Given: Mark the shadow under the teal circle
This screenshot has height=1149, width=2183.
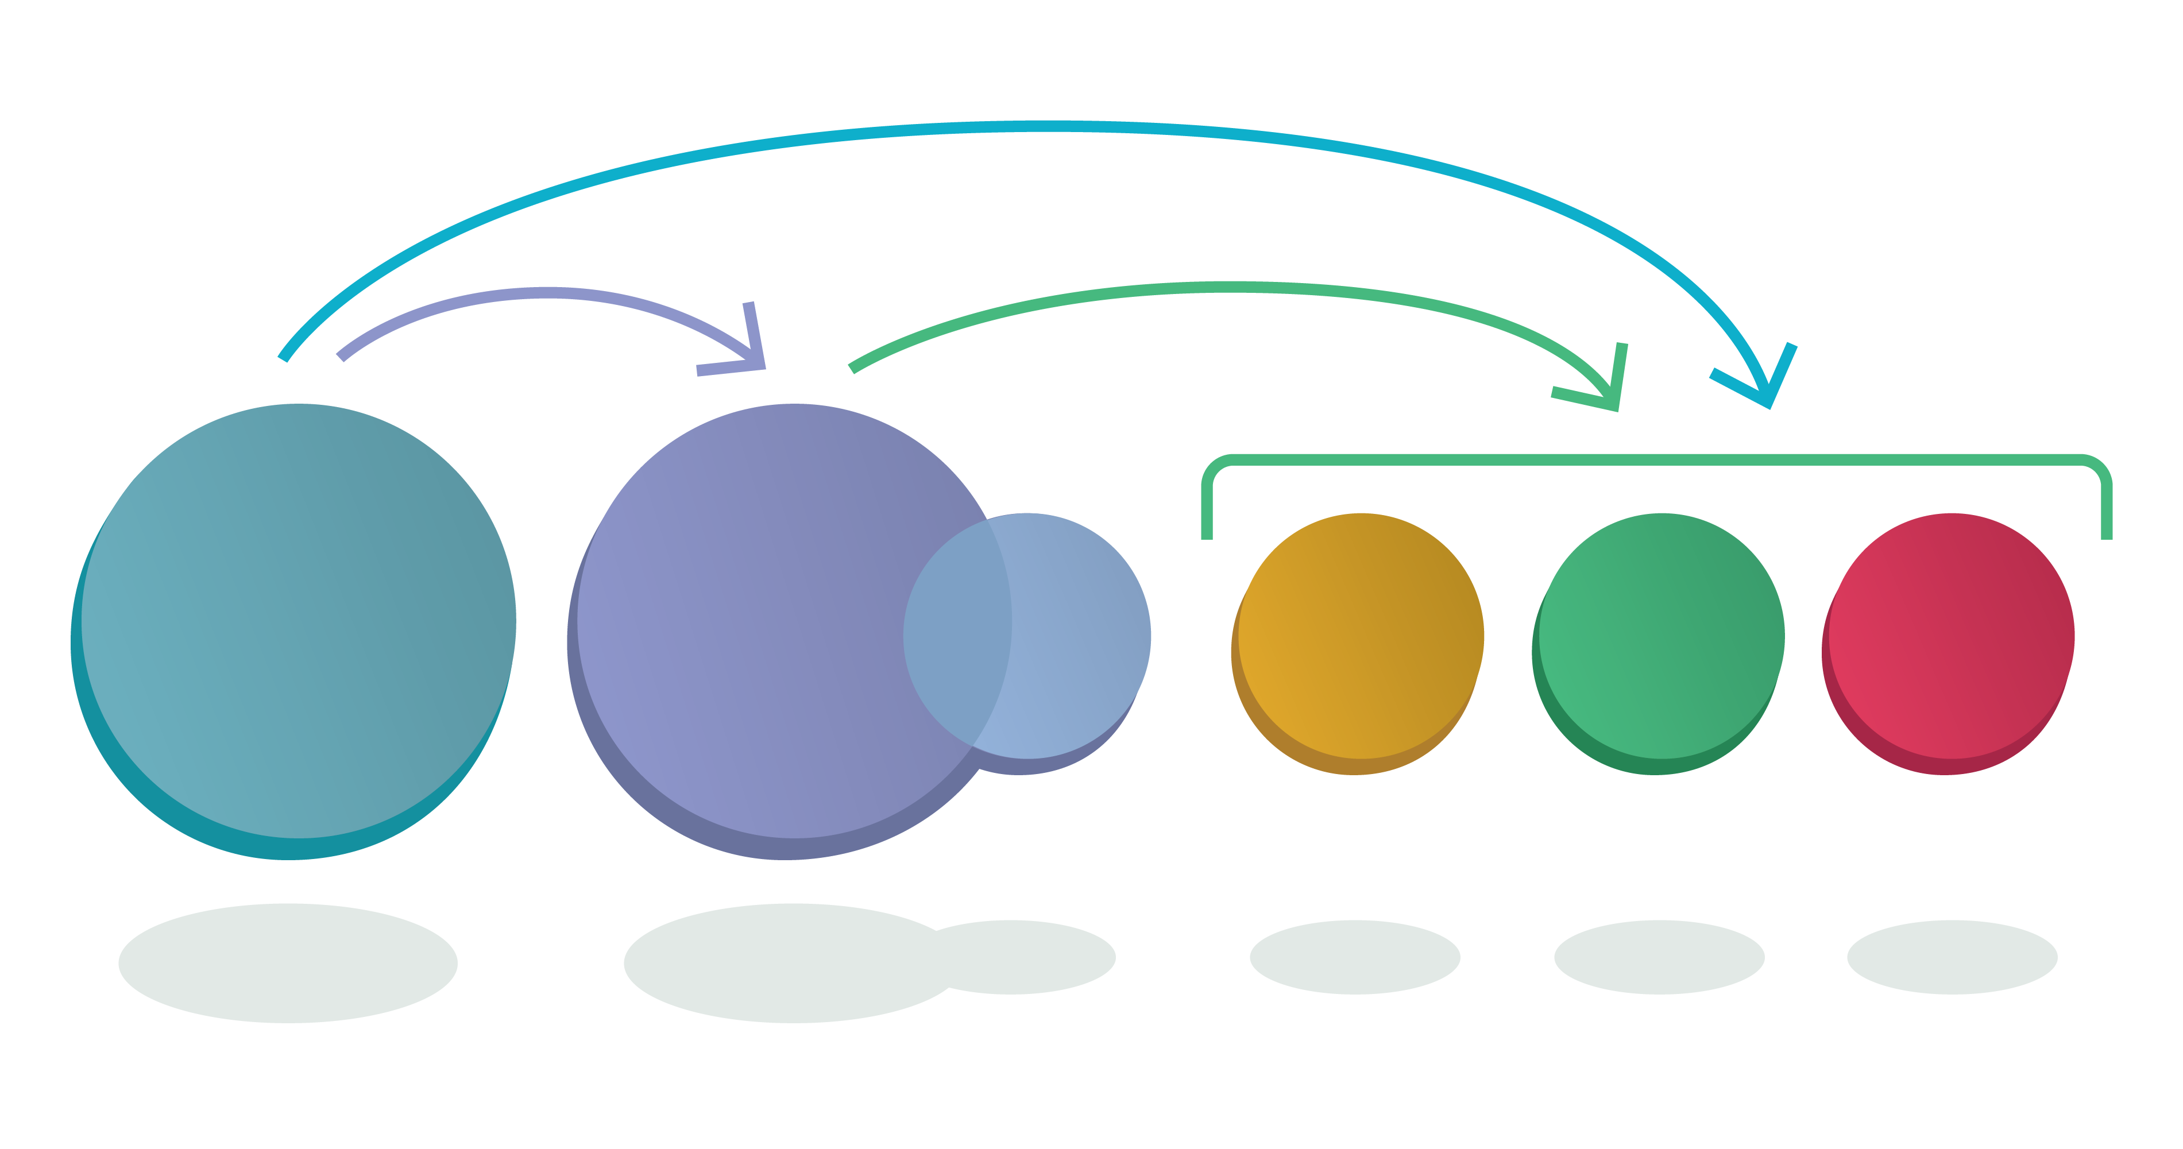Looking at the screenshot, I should [x=288, y=964].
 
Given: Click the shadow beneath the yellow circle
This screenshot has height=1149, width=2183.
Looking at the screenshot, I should [x=1354, y=958].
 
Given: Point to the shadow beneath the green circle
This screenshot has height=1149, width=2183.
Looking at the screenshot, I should [x=1659, y=958].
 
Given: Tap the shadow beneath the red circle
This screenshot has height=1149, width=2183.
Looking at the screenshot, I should [x=1952, y=958].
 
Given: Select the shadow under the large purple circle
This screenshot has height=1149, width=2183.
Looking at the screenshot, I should [x=780, y=964].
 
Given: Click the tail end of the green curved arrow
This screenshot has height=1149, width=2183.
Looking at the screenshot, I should [x=852, y=367].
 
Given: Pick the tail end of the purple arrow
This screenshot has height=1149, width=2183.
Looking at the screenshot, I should [x=341, y=356].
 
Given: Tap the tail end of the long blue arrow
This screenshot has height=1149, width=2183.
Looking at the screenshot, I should [x=284, y=358].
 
